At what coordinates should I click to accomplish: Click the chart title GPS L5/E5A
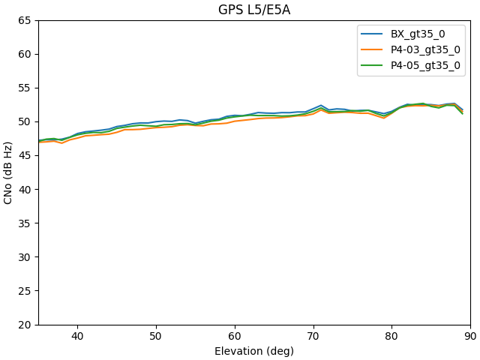(254, 10)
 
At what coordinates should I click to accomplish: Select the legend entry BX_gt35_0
(417, 34)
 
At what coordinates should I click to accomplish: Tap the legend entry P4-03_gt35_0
(425, 49)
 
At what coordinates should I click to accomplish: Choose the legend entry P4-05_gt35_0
(425, 65)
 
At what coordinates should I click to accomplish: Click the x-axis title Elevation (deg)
(254, 351)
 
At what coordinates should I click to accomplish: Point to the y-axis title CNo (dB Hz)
(9, 172)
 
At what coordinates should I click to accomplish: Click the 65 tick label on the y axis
(24, 20)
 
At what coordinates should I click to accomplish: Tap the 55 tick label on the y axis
(24, 88)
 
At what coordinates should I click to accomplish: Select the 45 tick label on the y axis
(24, 155)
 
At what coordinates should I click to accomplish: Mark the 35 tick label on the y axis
(24, 223)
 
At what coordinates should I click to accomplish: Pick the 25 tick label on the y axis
(24, 291)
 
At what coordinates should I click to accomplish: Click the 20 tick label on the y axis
(24, 325)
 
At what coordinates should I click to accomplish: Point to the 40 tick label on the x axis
(77, 337)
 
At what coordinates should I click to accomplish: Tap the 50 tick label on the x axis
(156, 337)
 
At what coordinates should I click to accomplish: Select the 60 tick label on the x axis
(235, 337)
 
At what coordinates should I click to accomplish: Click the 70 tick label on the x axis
(313, 337)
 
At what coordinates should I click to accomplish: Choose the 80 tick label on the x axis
(391, 337)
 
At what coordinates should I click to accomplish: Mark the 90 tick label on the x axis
(470, 337)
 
